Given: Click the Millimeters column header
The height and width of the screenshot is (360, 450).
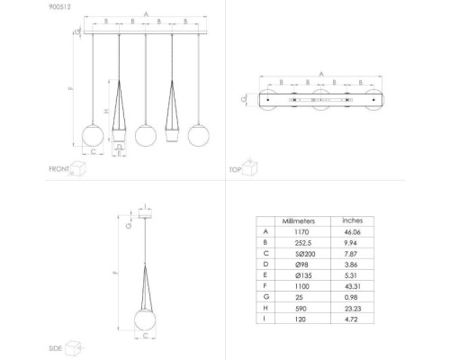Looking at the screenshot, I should pos(298,220).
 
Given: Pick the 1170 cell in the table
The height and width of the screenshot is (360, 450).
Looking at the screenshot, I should pos(298,231).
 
